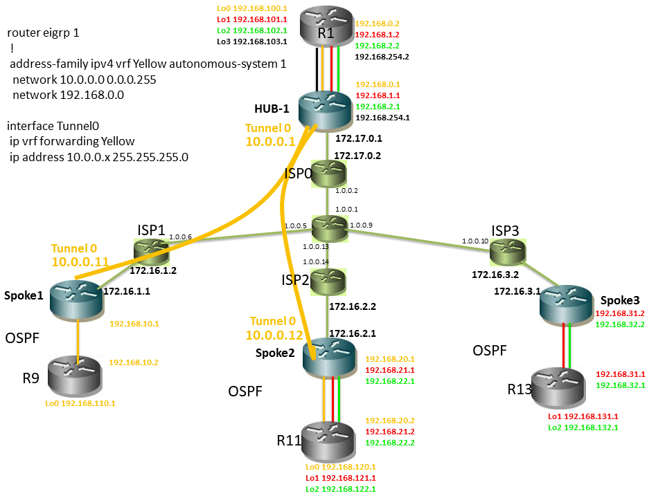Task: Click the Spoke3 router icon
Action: tap(567, 302)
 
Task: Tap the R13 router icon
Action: tap(567, 387)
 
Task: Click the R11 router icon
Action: tap(328, 440)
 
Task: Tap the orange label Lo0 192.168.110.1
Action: tap(80, 403)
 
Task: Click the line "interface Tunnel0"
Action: tap(53, 126)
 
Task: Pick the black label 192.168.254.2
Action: tap(382, 57)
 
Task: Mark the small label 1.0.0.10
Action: tap(475, 241)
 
